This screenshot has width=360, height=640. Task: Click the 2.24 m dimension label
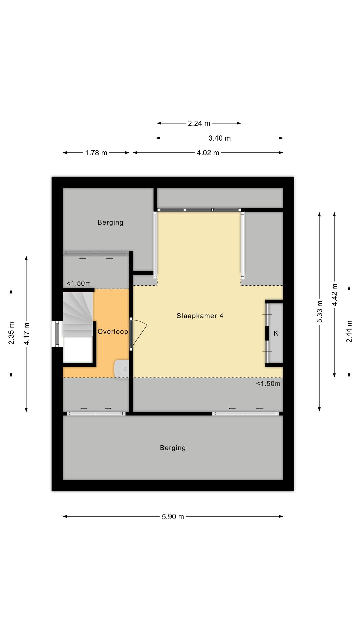tap(199, 123)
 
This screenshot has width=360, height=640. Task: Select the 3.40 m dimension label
tap(219, 138)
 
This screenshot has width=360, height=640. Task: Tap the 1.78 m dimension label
tap(96, 153)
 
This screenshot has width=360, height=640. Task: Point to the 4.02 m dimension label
tap(208, 153)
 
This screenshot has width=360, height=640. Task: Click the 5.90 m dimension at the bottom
tap(173, 516)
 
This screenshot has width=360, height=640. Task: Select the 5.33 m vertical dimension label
tap(320, 311)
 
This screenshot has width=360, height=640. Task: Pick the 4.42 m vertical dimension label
tap(335, 295)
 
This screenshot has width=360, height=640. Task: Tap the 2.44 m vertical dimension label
tap(349, 331)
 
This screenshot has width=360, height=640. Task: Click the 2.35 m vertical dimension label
tap(11, 333)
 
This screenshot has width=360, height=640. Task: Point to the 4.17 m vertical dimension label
tap(26, 334)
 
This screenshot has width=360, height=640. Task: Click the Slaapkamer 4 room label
tap(200, 316)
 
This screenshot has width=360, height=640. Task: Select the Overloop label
tap(113, 331)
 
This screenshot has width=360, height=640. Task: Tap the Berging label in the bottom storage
tap(173, 448)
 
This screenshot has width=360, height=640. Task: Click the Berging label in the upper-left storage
tap(110, 222)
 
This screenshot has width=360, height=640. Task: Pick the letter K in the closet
tap(276, 333)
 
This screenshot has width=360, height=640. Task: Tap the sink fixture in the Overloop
tap(122, 369)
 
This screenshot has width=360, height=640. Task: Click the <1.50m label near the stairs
tap(78, 283)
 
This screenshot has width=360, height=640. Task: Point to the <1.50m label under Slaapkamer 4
tap(268, 383)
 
